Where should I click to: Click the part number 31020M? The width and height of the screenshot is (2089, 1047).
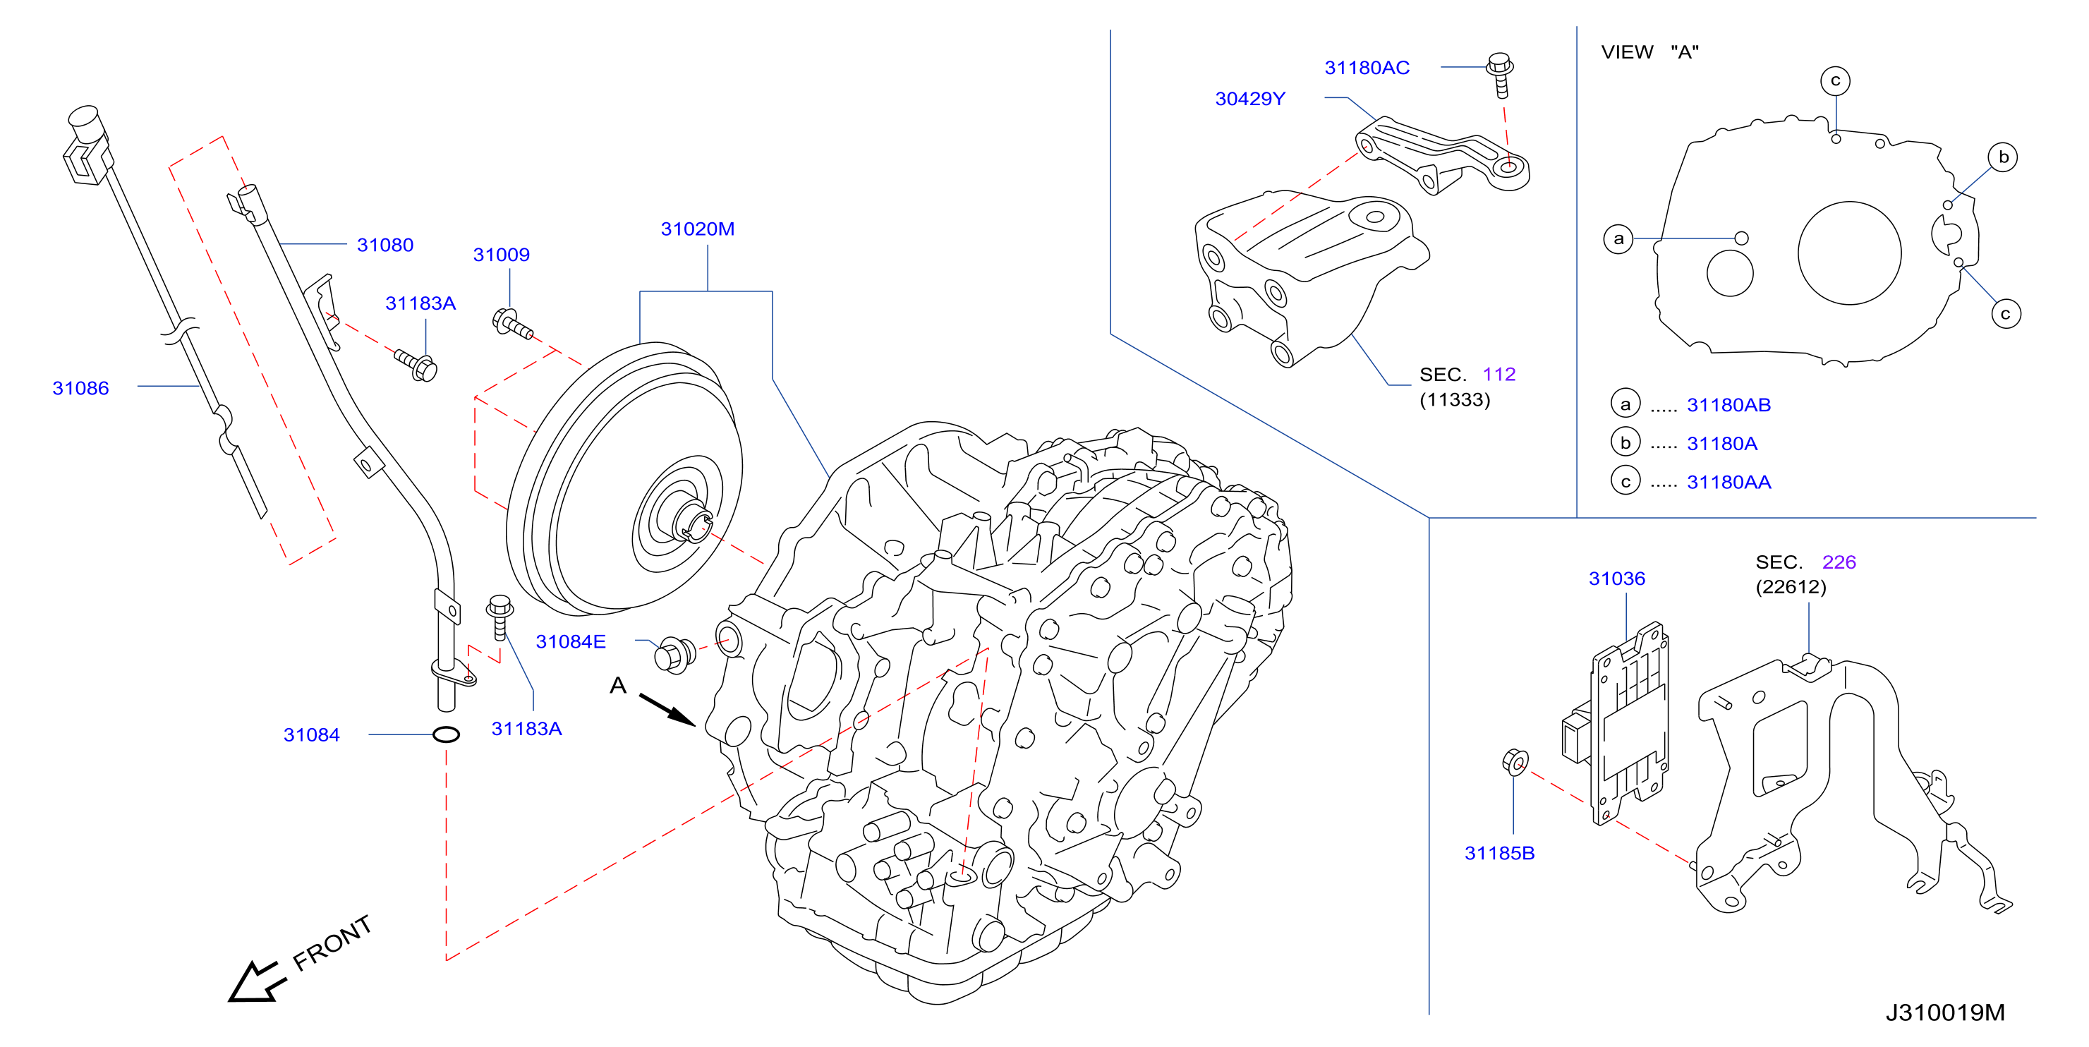[698, 229]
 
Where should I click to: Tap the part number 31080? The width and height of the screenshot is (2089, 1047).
[385, 245]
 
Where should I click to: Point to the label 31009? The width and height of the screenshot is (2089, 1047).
[501, 255]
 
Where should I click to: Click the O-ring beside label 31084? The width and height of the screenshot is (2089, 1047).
[446, 734]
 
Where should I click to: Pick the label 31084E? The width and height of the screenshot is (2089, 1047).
[571, 641]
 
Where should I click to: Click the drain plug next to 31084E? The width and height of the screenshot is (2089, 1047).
[674, 655]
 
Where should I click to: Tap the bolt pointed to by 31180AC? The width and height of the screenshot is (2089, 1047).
[1499, 75]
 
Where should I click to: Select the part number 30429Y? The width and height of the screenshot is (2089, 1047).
[1249, 99]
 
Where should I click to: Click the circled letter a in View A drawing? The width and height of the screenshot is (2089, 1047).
[1618, 239]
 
